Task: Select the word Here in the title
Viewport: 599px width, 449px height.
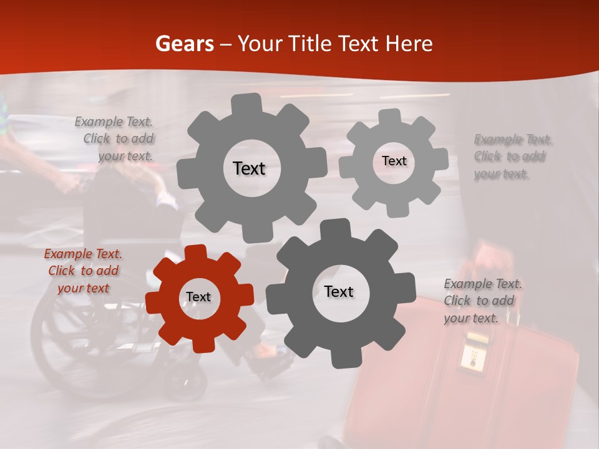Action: coord(409,44)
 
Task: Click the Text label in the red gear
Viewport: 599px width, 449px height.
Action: coord(198,297)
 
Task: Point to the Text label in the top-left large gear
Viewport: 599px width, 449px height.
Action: coord(249,168)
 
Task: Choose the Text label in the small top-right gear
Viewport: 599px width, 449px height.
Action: coord(394,161)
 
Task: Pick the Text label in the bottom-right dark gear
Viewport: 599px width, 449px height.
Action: coord(339,292)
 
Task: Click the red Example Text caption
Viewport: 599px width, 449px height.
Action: coord(83,271)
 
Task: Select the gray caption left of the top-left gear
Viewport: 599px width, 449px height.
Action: coord(115,139)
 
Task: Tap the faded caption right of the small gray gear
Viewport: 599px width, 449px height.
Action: coord(512,157)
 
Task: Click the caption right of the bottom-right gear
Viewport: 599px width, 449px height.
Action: coord(482,301)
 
